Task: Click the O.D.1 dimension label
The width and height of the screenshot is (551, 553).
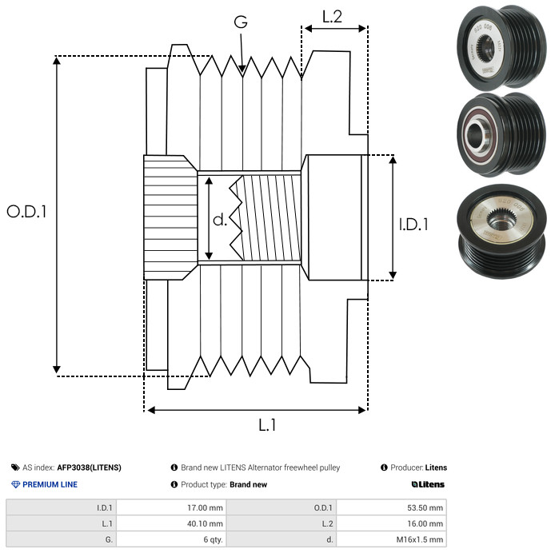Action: (26, 212)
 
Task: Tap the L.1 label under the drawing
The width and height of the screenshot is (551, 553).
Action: (267, 425)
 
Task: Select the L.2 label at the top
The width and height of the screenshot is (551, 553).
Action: (332, 16)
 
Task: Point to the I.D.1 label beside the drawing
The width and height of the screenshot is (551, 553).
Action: (413, 225)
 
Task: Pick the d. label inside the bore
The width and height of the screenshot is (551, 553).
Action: (220, 219)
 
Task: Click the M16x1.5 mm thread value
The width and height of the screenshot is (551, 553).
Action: (419, 539)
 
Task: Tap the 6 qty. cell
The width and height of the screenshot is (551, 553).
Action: (209, 539)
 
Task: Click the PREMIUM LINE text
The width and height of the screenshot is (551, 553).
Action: (50, 484)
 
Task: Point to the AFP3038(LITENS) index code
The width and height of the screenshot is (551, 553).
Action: (89, 467)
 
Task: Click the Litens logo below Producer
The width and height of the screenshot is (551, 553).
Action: (428, 484)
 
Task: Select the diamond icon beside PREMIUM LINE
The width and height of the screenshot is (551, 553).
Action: (15, 484)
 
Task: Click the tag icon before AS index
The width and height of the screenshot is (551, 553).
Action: (15, 467)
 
